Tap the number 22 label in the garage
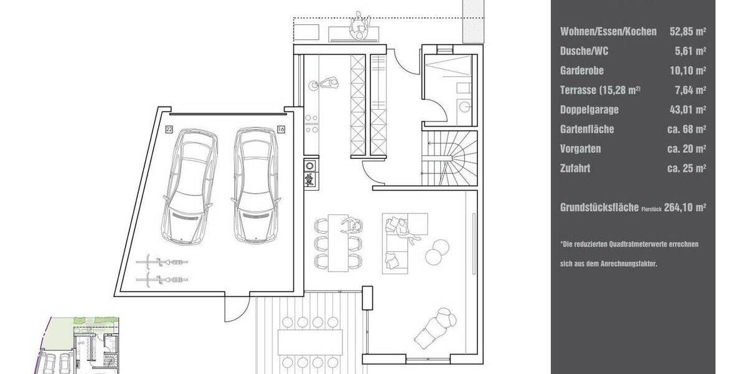point(169,130)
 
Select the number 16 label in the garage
point(281,130)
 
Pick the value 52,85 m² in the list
point(687,32)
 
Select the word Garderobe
point(582,71)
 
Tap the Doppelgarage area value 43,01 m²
point(687,110)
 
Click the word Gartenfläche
point(587,130)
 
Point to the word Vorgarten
point(581,149)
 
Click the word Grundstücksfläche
point(599,208)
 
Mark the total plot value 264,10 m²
point(685,208)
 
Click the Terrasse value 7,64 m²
point(691,90)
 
